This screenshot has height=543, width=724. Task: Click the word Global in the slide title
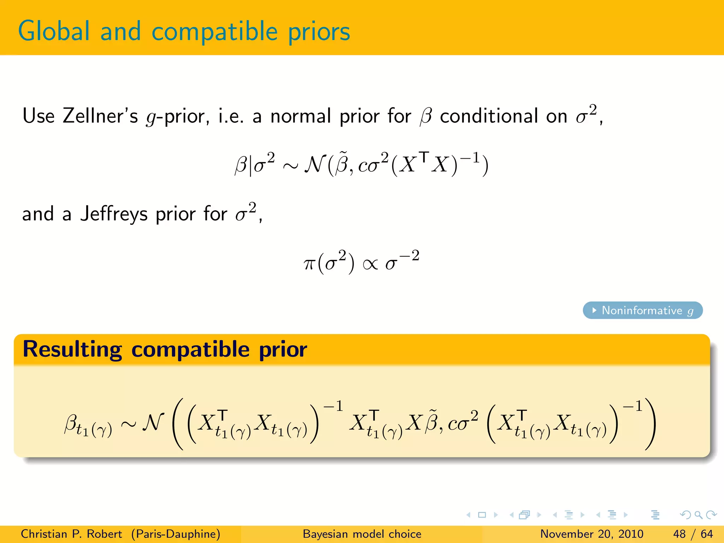point(54,31)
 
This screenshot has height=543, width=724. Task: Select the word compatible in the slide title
point(214,32)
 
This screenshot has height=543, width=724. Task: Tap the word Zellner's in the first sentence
point(100,116)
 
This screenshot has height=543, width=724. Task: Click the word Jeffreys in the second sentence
point(114,214)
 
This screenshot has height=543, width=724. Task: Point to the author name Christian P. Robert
point(71,534)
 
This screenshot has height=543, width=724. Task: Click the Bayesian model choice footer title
point(362,534)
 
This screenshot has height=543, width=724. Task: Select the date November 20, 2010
point(591,534)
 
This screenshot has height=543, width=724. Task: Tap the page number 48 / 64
point(693,534)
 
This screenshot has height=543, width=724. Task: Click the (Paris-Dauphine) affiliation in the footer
point(176,534)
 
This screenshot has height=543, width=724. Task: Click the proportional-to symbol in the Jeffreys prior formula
point(370,264)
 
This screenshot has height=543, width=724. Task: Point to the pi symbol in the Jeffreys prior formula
point(309,264)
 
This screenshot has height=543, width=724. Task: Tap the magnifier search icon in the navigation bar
point(698,515)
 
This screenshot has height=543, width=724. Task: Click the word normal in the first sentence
point(300,116)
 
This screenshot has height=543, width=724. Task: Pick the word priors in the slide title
point(319,32)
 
